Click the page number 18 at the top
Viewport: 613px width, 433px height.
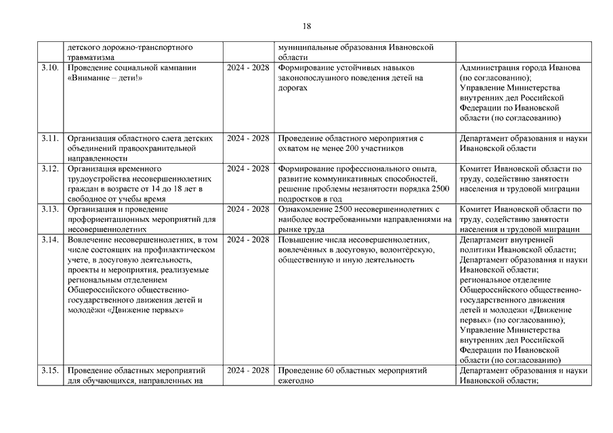[x=306, y=26]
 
